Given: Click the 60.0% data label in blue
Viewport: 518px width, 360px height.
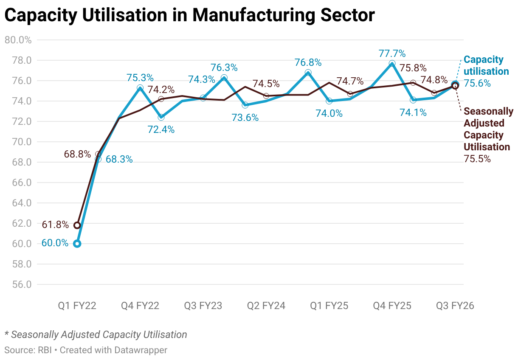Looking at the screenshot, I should [x=55, y=243].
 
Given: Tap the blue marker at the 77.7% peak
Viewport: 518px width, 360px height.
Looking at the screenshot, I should [x=392, y=64].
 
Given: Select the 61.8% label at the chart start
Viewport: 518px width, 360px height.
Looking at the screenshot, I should [x=55, y=225].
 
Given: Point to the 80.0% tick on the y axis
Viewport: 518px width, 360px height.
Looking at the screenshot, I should [x=18, y=40].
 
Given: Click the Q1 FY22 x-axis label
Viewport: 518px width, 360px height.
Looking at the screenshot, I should [x=77, y=306].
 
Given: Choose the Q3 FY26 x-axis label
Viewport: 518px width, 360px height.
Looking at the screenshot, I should [x=455, y=306].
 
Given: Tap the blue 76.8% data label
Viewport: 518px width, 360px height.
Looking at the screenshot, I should [x=308, y=62].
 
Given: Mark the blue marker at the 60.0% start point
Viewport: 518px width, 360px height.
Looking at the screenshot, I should [x=77, y=244].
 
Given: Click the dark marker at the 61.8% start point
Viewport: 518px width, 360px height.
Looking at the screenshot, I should [x=77, y=225].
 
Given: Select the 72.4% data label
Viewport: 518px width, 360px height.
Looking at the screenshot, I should [x=161, y=129].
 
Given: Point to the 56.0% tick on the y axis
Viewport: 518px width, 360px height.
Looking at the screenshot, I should [x=18, y=284].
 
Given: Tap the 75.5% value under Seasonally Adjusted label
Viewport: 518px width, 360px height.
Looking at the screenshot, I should [x=477, y=159].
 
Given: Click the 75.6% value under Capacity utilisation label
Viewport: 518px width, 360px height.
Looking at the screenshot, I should [x=477, y=83].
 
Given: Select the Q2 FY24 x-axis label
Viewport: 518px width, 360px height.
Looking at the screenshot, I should [x=266, y=306].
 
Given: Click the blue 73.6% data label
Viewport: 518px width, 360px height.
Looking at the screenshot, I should [x=245, y=118].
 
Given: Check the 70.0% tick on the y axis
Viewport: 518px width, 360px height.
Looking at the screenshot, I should [x=18, y=142].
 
